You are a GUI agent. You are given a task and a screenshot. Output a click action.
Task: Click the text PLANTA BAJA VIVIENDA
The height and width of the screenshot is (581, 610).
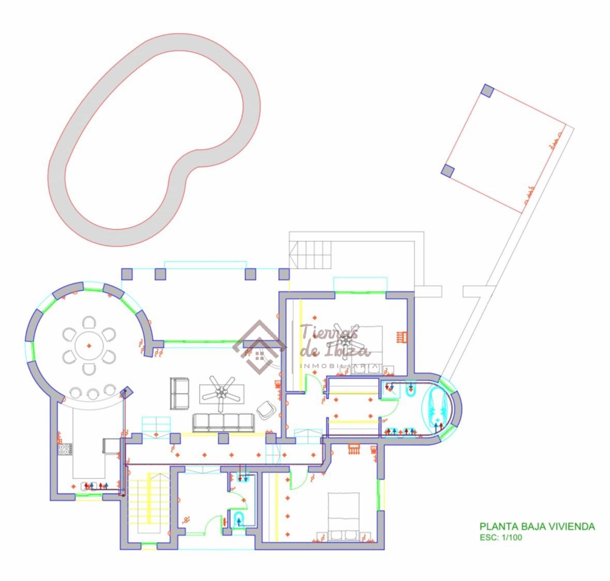[537, 527]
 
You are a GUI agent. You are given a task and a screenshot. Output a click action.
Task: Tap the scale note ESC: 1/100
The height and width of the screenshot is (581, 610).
[501, 537]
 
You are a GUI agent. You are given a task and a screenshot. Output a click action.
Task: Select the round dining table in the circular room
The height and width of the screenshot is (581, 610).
[89, 346]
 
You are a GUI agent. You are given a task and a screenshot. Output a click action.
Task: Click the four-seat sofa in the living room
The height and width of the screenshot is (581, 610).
[224, 422]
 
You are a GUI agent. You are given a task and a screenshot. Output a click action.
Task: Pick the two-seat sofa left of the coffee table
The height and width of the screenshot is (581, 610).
[180, 394]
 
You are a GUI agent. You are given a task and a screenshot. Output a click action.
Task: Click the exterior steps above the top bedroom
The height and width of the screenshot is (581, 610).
[311, 255]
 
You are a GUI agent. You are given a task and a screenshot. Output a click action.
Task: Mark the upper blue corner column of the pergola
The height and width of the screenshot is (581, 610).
[487, 90]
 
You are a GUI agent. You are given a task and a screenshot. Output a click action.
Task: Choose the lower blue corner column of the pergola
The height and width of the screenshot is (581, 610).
[448, 171]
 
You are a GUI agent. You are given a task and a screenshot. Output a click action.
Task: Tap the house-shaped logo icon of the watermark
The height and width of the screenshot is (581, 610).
[259, 347]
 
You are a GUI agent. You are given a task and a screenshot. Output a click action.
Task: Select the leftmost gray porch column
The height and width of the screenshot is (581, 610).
[127, 274]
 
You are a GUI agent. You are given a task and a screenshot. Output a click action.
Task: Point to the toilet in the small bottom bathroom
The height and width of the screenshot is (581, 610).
[238, 518]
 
